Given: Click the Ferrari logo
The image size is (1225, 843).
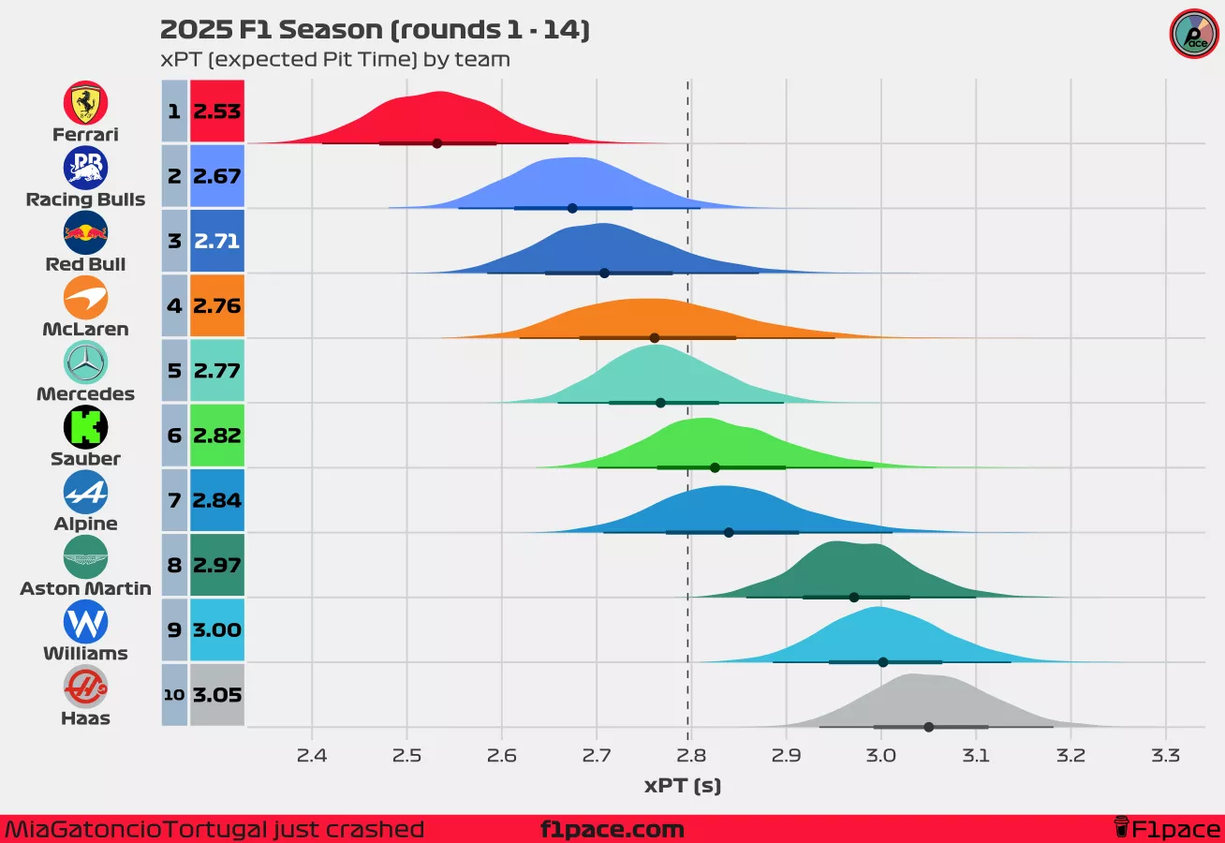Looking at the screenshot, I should tap(85, 102).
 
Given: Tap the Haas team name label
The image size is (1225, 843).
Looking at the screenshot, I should tap(85, 718).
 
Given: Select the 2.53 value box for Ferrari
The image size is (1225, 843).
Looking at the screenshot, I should tap(217, 111).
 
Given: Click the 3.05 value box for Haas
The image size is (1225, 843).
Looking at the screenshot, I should tap(217, 695).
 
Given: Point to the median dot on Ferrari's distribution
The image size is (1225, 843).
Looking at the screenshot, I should tap(436, 143).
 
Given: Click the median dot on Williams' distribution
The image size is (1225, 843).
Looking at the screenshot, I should tap(883, 662).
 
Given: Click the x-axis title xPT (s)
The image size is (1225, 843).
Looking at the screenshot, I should tap(683, 786).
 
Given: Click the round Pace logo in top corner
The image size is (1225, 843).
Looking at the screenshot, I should tap(1194, 34).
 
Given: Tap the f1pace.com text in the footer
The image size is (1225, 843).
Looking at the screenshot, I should tap(612, 830).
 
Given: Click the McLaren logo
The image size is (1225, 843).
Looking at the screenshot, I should tap(85, 298).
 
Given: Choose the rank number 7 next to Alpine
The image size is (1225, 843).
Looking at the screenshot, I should tap(174, 500).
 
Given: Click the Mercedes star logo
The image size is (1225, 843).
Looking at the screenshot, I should tap(85, 362).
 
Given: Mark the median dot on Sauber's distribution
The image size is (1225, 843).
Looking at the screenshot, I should tap(715, 467).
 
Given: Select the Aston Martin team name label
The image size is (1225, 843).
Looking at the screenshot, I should tap(85, 588).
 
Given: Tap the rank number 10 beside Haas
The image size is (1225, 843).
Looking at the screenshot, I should tap(174, 695).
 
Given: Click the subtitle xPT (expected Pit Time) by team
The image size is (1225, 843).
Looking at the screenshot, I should tap(335, 60).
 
